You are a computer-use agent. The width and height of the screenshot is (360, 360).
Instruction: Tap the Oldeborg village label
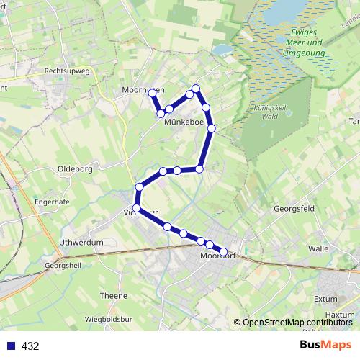click(74, 169)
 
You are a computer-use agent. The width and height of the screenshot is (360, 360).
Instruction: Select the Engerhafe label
click(52, 202)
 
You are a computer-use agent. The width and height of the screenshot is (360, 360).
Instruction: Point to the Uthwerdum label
click(81, 243)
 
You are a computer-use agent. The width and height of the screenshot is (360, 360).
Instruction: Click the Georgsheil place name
click(63, 265)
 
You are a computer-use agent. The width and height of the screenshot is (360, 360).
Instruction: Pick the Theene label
click(114, 296)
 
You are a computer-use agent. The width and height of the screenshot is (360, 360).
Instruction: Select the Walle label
click(318, 248)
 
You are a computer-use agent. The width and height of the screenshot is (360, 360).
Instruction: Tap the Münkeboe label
click(184, 122)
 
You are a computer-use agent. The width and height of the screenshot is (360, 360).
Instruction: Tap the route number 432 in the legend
click(30, 346)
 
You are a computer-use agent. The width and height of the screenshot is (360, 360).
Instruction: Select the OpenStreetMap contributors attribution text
click(298, 323)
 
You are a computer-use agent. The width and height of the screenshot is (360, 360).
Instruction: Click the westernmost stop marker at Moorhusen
click(152, 93)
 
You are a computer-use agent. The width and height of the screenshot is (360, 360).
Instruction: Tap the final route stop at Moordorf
click(223, 252)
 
